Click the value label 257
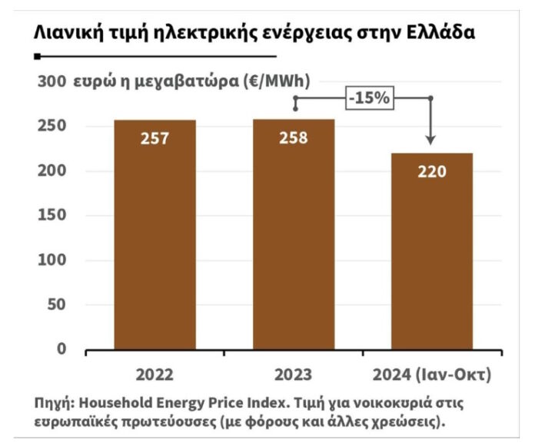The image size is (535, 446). tap(155, 139)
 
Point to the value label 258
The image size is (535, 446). tap(294, 138)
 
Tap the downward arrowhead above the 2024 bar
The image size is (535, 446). tap(430, 140)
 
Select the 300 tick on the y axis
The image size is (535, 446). tap(51, 81)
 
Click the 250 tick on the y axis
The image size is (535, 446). tap(51, 126)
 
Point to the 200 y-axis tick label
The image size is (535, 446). tap(51, 170)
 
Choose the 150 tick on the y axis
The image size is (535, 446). tap(51, 216)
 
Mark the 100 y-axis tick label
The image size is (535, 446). tap(51, 260)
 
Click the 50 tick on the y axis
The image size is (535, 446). tap(55, 305)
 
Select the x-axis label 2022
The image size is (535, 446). tap(155, 375)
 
